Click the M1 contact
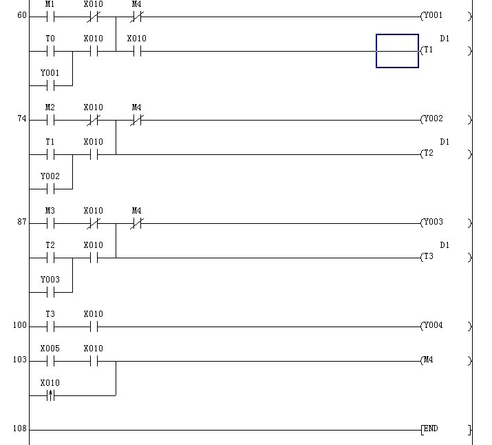[x=50, y=17]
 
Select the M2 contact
[x=50, y=120]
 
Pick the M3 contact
[x=50, y=223]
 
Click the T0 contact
[x=50, y=51]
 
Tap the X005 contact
[x=50, y=361]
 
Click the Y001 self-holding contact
[x=50, y=85]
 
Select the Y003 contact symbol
[x=50, y=292]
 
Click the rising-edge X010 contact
[x=50, y=395]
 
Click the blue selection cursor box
[x=397, y=51]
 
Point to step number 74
[x=22, y=119]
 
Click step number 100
[x=19, y=326]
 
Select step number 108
[x=19, y=429]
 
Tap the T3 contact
[x=50, y=327]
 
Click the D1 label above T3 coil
[x=445, y=245]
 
